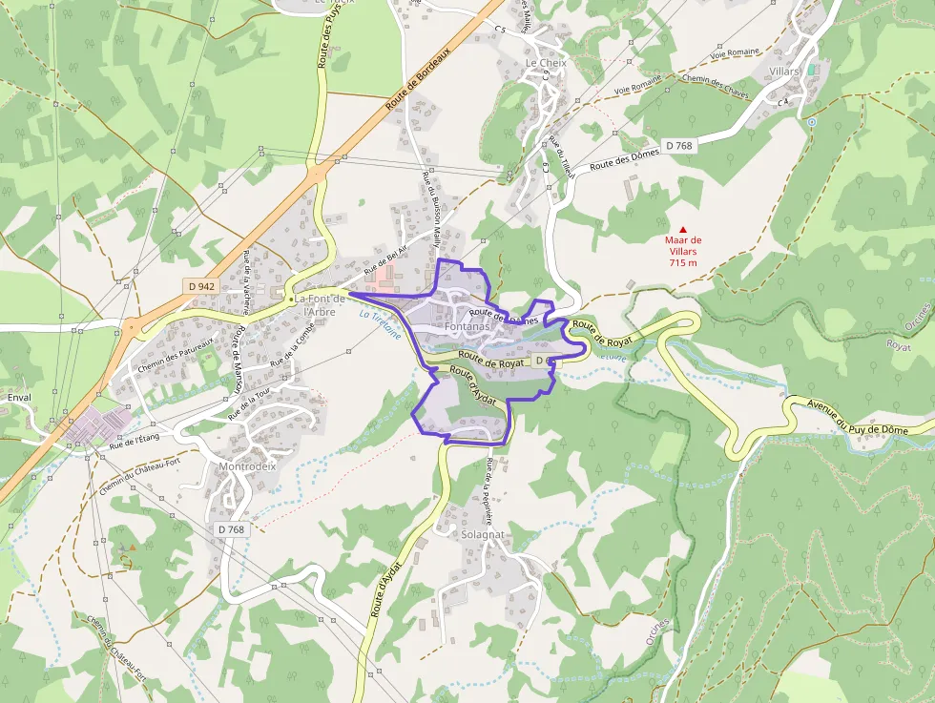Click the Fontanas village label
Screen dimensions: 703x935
click(467, 326)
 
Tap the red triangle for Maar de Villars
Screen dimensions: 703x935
click(682, 229)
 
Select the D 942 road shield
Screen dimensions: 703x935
click(201, 286)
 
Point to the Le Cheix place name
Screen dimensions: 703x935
click(546, 63)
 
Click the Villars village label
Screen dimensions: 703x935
click(783, 72)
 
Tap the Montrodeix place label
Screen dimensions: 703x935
click(247, 467)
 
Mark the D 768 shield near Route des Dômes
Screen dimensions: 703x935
click(678, 145)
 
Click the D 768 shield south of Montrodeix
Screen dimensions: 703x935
click(231, 529)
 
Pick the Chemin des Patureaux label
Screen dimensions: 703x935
click(174, 359)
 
